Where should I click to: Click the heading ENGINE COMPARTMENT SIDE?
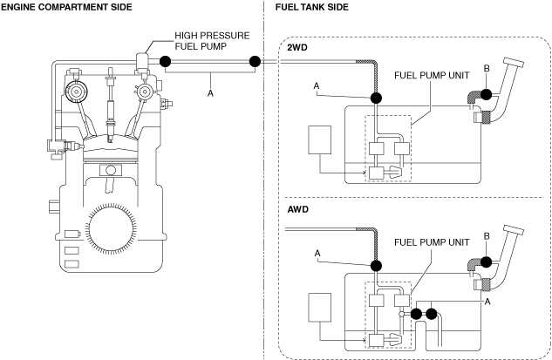[67, 7]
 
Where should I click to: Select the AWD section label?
[299, 210]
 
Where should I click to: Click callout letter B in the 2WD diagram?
[487, 67]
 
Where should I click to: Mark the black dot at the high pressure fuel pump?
[164, 61]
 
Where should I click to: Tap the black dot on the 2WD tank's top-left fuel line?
[377, 98]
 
